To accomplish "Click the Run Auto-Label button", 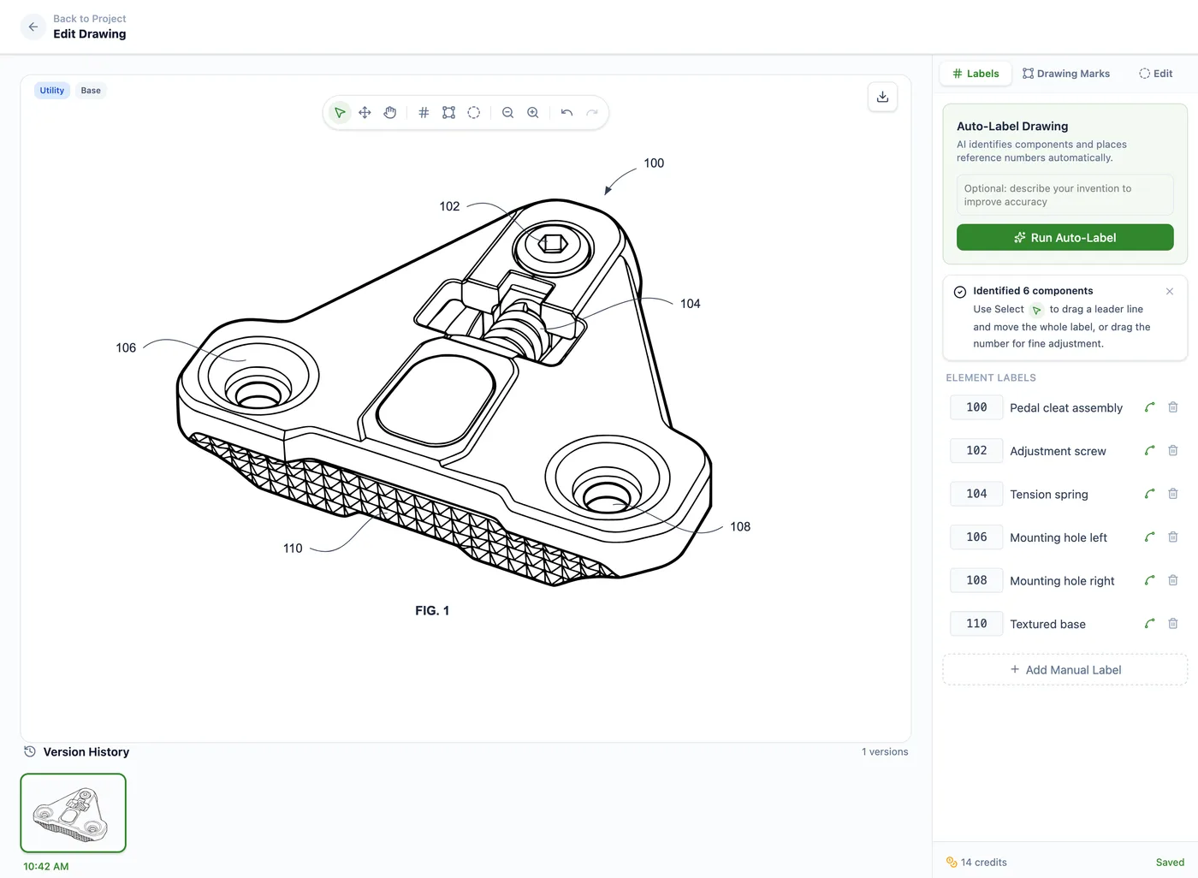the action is [1065, 237].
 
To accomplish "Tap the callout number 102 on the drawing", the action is [449, 206].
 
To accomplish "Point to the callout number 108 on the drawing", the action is [740, 526].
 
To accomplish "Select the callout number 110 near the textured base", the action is [293, 548].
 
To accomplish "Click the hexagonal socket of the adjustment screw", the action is [553, 244].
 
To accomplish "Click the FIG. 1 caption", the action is [432, 611].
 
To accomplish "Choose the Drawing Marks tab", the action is [1066, 74].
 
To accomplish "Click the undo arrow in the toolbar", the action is [566, 112].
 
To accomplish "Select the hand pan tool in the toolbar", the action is [390, 112].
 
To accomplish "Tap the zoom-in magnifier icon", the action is [532, 112].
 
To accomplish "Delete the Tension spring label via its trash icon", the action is [1173, 494].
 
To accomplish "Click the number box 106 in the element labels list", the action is [976, 537].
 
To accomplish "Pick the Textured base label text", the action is [1047, 624].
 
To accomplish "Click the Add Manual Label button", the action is [1065, 669].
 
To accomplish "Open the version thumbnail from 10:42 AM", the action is [74, 812].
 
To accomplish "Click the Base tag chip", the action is [91, 91].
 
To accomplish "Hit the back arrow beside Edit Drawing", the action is [33, 27].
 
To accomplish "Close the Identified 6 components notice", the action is [1169, 292].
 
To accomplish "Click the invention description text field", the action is [1065, 194].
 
